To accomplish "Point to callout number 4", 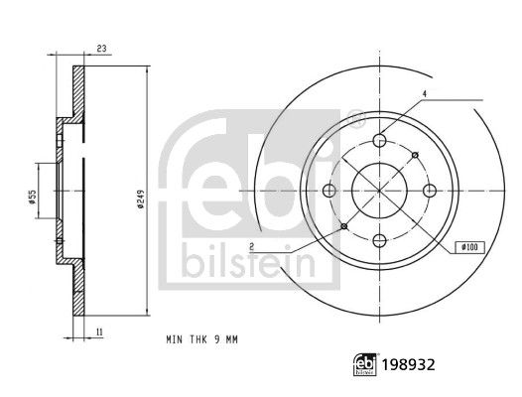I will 424,94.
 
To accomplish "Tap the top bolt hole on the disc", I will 380,141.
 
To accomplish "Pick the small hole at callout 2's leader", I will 344,227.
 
